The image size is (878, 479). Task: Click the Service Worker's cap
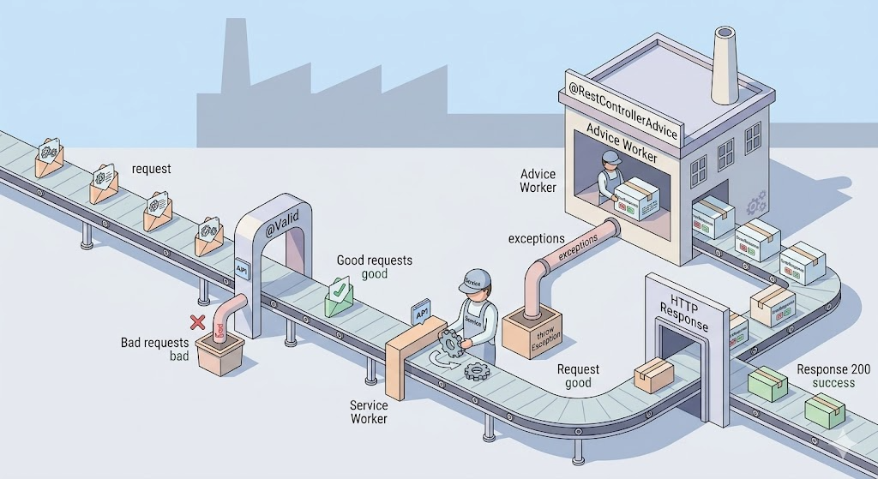coord(475,279)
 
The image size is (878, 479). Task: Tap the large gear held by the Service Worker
coord(451,343)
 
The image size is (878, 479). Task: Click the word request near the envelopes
coord(151,169)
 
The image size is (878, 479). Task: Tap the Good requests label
coord(374,260)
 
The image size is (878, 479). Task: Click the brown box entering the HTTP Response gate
coord(653,374)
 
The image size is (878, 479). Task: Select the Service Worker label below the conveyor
coord(369,412)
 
